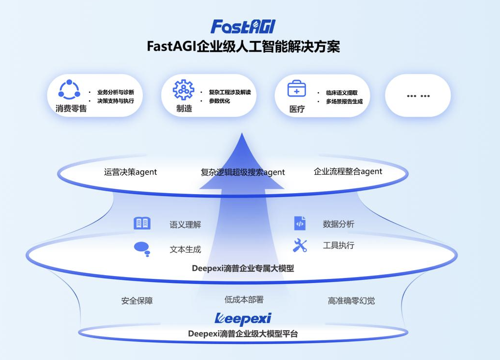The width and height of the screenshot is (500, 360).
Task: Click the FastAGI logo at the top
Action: pyautogui.click(x=243, y=26)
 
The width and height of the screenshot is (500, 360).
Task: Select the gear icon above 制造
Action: pyautogui.click(x=183, y=90)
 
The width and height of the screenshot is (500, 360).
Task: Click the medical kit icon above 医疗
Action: pyautogui.click(x=297, y=88)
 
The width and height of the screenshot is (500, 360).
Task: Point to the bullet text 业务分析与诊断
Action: pyautogui.click(x=115, y=92)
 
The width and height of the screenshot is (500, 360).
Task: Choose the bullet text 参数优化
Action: pyautogui.click(x=219, y=101)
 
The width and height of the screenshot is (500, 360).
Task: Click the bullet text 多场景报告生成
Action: pyautogui.click(x=344, y=101)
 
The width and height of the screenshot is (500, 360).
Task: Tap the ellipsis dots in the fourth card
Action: pyautogui.click(x=418, y=96)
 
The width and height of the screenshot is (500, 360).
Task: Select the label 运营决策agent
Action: pyautogui.click(x=131, y=172)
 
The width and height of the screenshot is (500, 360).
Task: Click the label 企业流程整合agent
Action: pyautogui.click(x=348, y=172)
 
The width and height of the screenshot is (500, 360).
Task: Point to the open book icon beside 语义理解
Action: pyautogui.click(x=142, y=223)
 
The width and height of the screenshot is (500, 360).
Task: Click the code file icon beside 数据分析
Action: pyautogui.click(x=300, y=223)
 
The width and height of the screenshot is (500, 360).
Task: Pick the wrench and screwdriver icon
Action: pyautogui.click(x=300, y=245)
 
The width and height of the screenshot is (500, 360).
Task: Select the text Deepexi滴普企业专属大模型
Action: pyautogui.click(x=243, y=268)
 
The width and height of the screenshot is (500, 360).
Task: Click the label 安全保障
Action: pyautogui.click(x=137, y=300)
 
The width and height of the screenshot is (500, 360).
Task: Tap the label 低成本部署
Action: pyautogui.click(x=244, y=300)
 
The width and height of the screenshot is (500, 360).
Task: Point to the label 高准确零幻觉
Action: pyautogui.click(x=351, y=300)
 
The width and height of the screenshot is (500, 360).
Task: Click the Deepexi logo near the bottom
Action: pyautogui.click(x=243, y=319)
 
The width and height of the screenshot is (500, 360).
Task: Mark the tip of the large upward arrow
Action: pyautogui.click(x=242, y=133)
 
